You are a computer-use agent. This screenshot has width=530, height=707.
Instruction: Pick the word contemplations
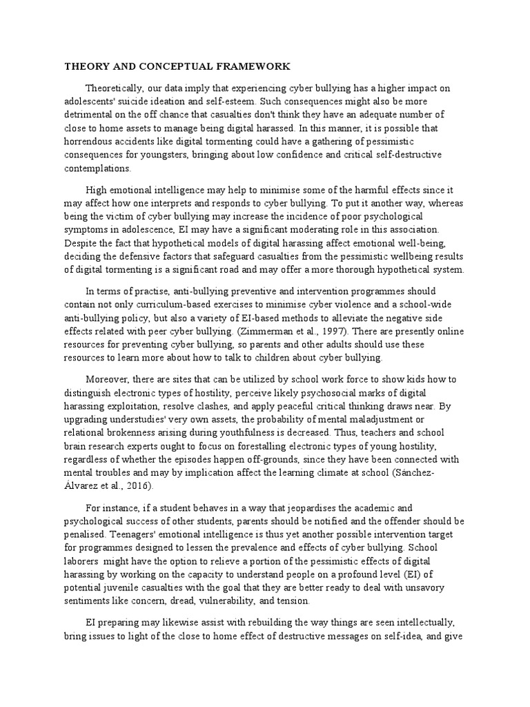(97, 168)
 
